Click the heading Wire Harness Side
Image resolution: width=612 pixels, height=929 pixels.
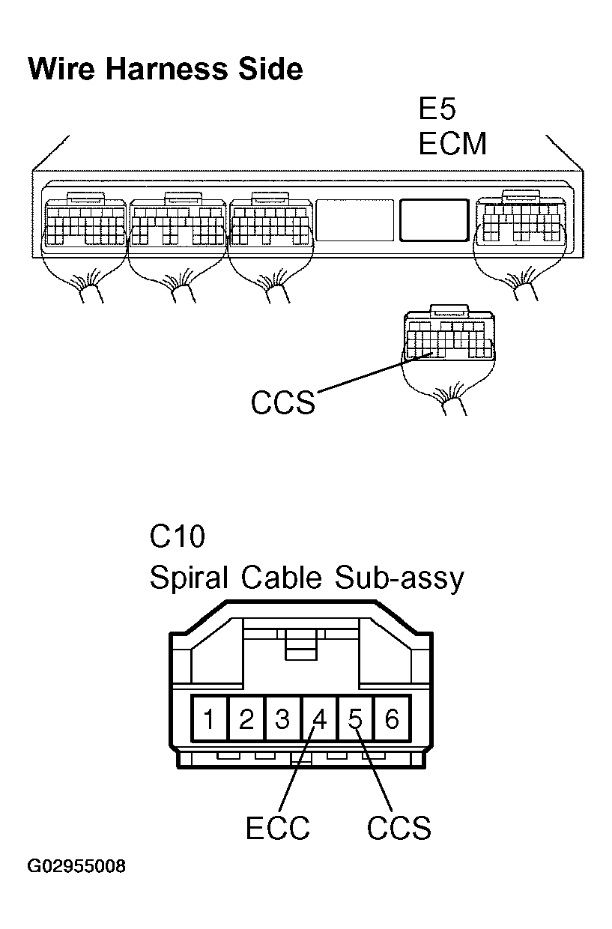pyautogui.click(x=165, y=69)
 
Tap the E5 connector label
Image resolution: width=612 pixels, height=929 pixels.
pyautogui.click(x=437, y=109)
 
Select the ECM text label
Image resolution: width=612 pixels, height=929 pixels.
pyautogui.click(x=452, y=143)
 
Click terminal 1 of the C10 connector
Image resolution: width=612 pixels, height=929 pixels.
pyautogui.click(x=210, y=720)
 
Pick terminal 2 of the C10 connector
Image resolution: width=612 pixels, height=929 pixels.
pyautogui.click(x=246, y=720)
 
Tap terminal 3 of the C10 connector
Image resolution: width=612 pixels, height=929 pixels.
pyautogui.click(x=282, y=720)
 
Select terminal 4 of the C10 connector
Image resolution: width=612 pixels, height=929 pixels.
pyautogui.click(x=319, y=720)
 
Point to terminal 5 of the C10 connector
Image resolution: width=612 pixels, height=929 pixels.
pyautogui.click(x=356, y=720)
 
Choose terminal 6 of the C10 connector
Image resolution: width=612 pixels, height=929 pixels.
pyautogui.click(x=392, y=720)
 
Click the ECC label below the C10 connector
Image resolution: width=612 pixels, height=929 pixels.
pyautogui.click(x=277, y=829)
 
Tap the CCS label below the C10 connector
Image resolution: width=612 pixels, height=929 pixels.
pyautogui.click(x=399, y=829)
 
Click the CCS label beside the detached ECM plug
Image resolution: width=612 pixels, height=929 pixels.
pyautogui.click(x=283, y=403)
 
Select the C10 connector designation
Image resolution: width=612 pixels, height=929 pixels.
pyautogui.click(x=178, y=537)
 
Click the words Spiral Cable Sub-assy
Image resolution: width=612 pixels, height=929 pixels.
pyautogui.click(x=306, y=578)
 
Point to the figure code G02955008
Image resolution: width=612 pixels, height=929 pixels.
pyautogui.click(x=76, y=868)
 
